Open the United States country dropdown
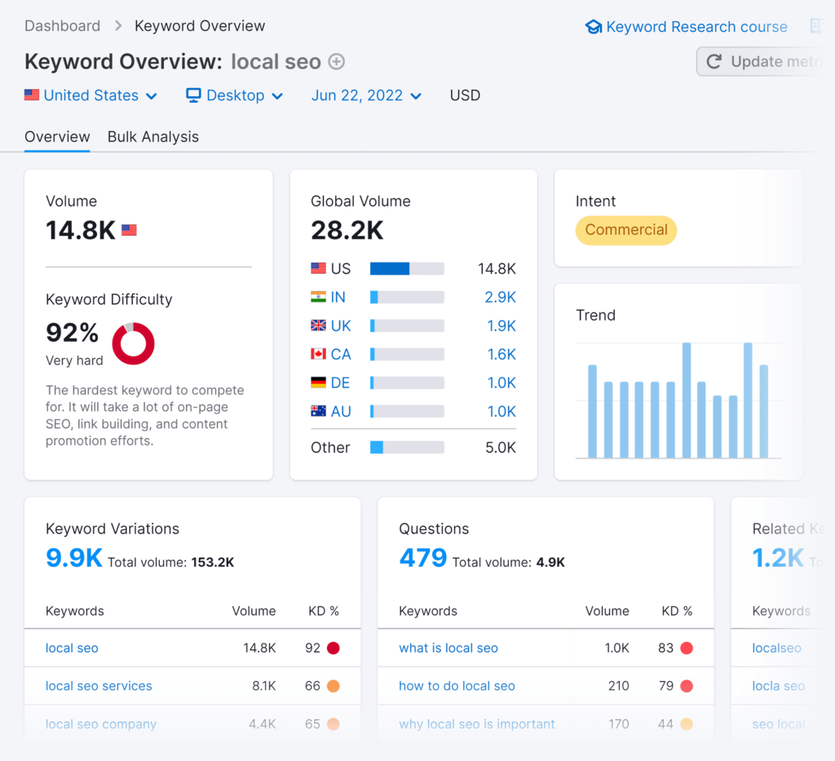(91, 95)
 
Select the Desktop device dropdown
(235, 95)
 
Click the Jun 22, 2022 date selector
(366, 95)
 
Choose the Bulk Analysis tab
(153, 137)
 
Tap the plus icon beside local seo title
(336, 62)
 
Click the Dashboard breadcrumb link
(62, 26)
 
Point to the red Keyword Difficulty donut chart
(133, 343)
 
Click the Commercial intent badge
(626, 230)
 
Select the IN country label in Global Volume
(338, 298)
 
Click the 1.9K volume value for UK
(501, 326)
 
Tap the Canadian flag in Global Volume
(319, 355)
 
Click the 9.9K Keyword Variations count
(74, 558)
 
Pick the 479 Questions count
(423, 558)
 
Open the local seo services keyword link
(99, 686)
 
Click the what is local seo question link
(448, 648)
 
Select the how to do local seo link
(457, 686)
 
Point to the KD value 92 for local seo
(312, 648)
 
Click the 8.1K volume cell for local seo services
(263, 686)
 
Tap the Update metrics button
(762, 62)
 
